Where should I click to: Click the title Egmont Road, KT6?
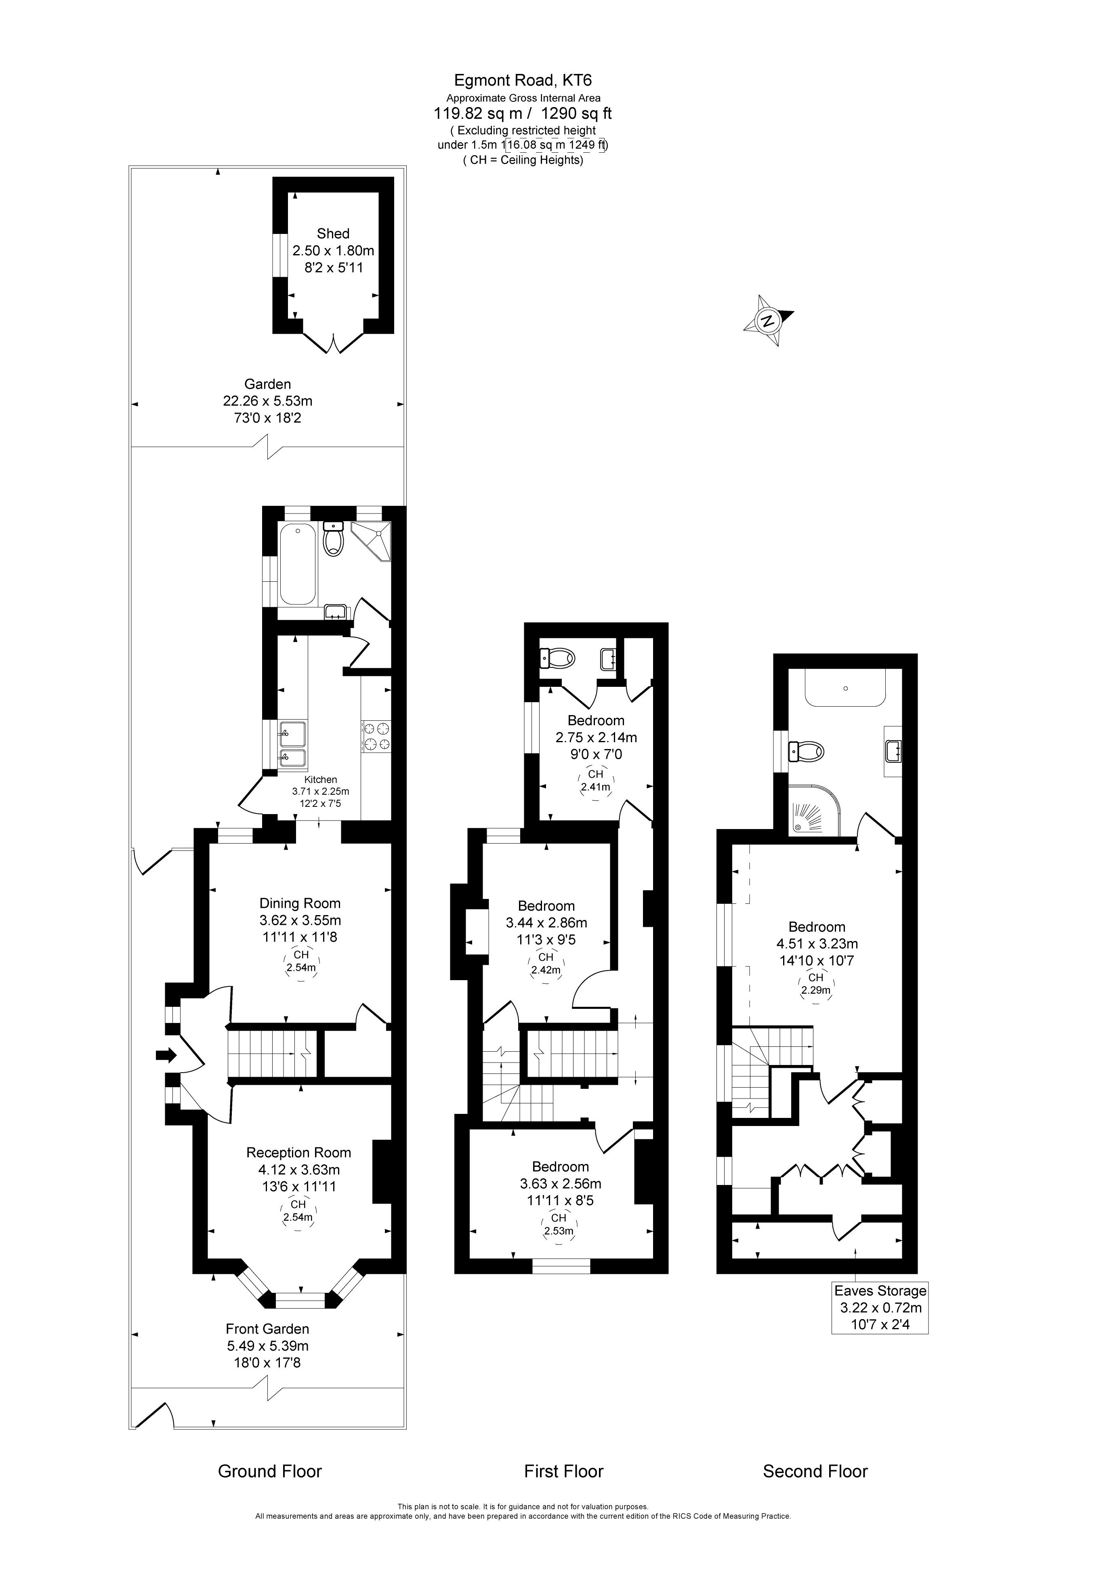(522, 80)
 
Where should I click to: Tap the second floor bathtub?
(845, 687)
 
